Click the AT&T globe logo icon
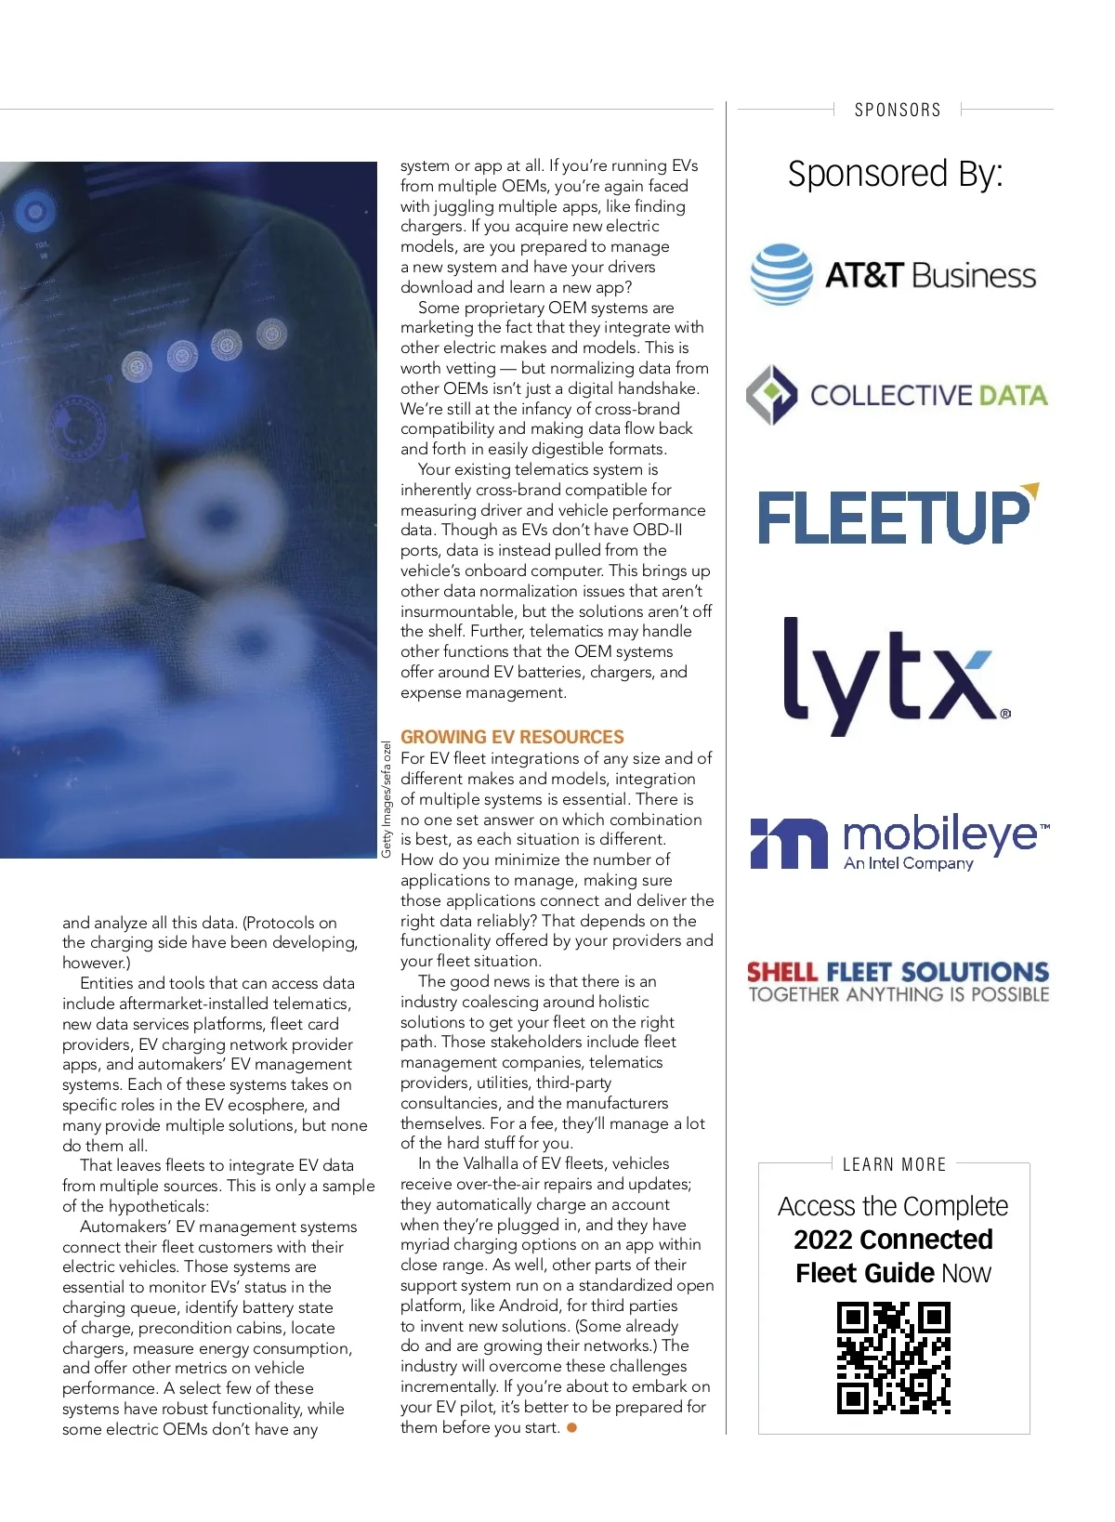tap(781, 274)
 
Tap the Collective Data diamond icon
tap(771, 395)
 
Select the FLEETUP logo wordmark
tap(896, 516)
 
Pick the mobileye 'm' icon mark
tap(788, 844)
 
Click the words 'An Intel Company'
tap(908, 863)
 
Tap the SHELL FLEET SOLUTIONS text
tap(898, 972)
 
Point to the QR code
tap(894, 1358)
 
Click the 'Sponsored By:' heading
tap(895, 174)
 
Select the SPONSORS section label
tap(898, 110)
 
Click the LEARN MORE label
tap(894, 1164)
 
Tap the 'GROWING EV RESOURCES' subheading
tap(512, 737)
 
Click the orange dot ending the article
tap(572, 1427)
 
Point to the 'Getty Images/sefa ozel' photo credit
tap(387, 799)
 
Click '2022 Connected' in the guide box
tap(893, 1240)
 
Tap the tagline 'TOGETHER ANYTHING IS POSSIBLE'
tap(899, 994)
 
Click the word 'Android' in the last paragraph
tap(527, 1306)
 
